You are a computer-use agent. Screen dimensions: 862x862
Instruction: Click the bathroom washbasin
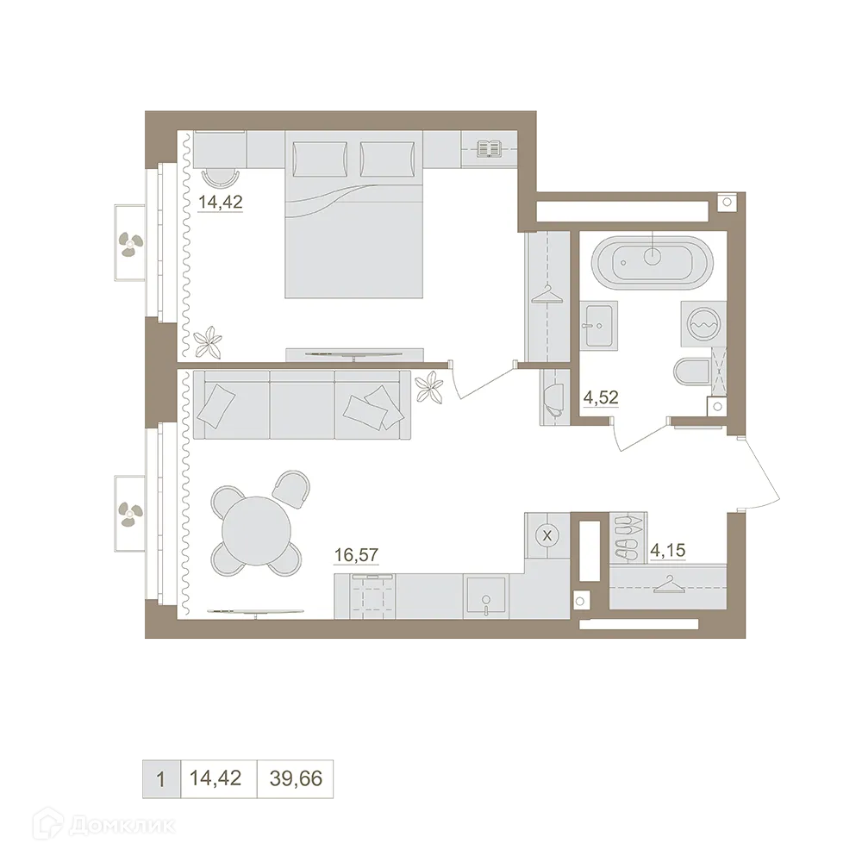(x=597, y=325)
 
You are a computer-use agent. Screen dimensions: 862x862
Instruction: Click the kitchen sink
(x=487, y=595)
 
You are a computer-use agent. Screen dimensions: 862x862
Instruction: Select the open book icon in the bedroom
(x=489, y=149)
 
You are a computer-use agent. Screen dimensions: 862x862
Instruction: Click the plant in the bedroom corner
(x=209, y=343)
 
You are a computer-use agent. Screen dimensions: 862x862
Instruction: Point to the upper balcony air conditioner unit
(x=131, y=243)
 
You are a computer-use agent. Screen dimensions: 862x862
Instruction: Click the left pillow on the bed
(x=321, y=157)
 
